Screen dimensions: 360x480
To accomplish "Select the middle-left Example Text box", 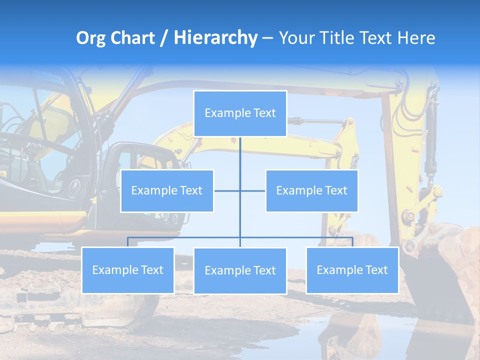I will [167, 190].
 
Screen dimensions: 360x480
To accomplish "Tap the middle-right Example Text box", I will [311, 190].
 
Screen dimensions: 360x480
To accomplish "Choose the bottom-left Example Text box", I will [127, 270].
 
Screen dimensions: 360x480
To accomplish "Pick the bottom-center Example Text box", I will [240, 270].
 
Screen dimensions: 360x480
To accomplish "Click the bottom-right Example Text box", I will [352, 270].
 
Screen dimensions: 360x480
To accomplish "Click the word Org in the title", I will [88, 38].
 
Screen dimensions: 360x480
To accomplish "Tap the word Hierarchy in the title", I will [215, 38].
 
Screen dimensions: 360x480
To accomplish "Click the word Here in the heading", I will [416, 38].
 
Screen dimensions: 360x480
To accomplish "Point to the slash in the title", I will [164, 38].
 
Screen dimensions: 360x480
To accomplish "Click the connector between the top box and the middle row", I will [240, 155].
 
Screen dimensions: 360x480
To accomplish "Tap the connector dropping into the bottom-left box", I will [127, 242].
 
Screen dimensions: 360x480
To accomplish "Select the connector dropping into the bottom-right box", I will [352, 242].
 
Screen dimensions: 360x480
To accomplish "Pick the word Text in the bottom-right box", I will [375, 270].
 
